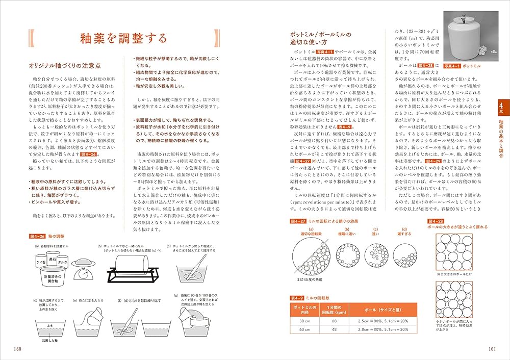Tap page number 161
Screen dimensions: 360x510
(492, 349)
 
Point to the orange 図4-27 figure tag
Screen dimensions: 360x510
(297, 221)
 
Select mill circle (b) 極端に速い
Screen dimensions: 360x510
(343, 254)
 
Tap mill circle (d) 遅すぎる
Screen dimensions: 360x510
(404, 254)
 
